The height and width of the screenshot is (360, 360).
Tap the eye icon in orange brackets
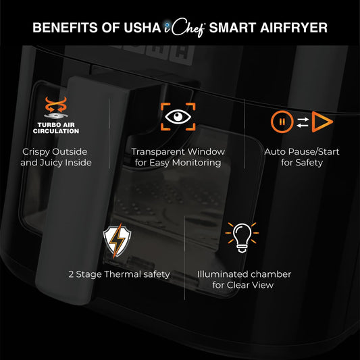[178, 116]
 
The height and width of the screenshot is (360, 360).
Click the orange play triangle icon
[324, 122]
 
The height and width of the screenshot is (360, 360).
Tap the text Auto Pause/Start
[301, 152]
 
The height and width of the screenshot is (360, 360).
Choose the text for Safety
[301, 163]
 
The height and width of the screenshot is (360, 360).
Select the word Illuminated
[225, 274]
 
